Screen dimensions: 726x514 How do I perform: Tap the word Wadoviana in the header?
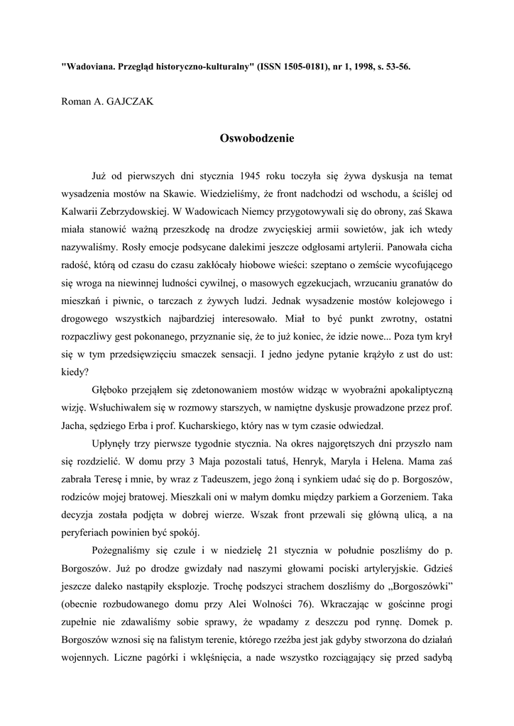click(94, 66)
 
